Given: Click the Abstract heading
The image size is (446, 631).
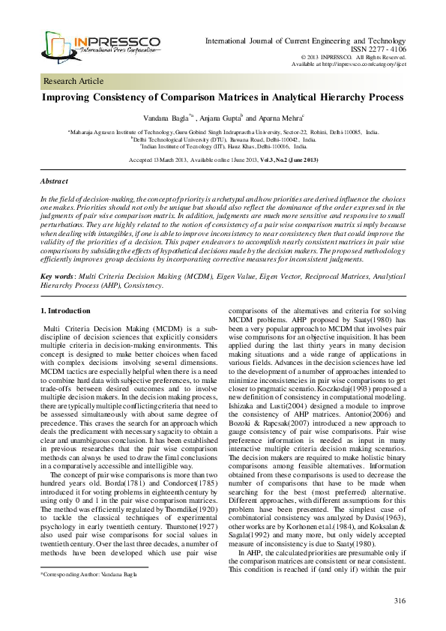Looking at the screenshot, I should pos(54,182).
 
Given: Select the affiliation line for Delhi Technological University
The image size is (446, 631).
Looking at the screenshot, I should pos(223,139).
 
